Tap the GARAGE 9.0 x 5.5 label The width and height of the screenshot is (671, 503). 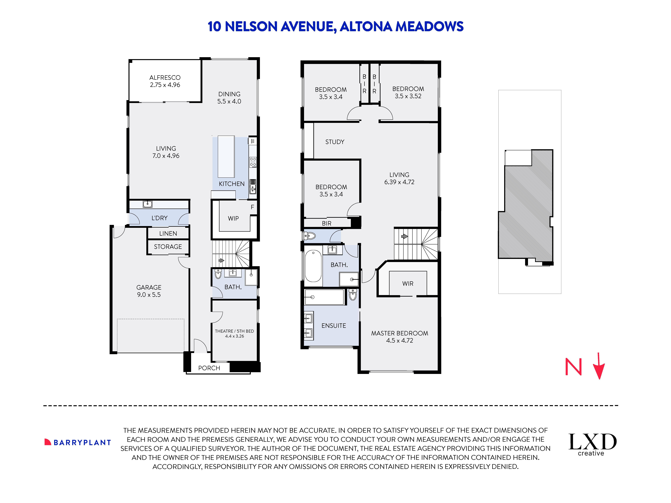149,291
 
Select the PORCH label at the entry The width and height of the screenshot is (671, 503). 209,368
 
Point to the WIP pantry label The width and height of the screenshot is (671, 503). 233,218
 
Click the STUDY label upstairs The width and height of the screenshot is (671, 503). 335,142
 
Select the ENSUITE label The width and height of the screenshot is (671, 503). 334,326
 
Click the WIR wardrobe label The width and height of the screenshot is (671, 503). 408,283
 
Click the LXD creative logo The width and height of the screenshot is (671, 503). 592,444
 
